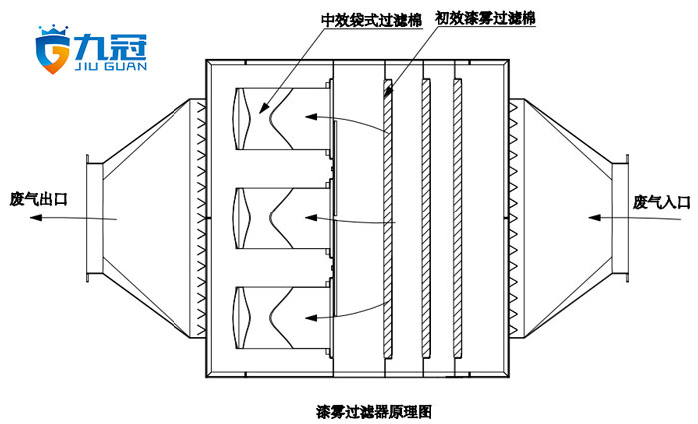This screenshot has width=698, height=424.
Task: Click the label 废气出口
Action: (38, 199)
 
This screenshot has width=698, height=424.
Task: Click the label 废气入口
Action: (661, 202)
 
